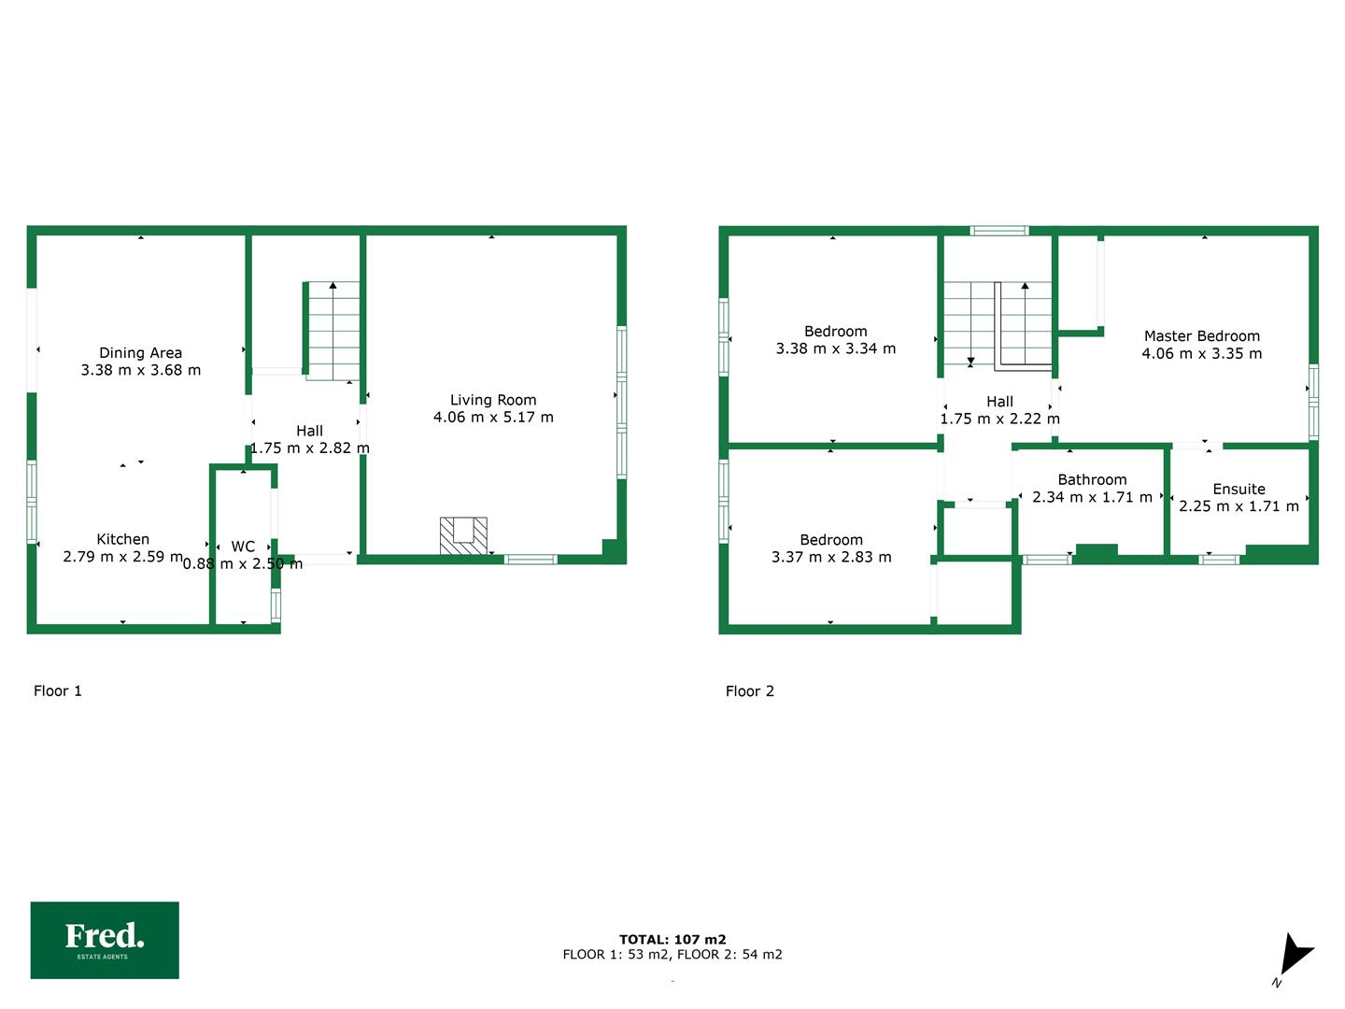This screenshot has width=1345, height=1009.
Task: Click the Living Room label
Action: (492, 400)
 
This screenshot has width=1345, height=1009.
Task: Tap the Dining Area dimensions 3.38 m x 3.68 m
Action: (141, 370)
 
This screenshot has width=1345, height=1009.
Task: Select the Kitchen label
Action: (122, 539)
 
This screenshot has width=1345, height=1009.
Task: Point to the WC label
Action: (243, 547)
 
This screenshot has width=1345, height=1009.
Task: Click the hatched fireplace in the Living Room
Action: (463, 536)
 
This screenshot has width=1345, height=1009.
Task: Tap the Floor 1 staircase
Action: (332, 331)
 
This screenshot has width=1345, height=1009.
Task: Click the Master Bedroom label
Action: (1201, 336)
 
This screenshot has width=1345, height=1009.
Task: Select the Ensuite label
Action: (1239, 489)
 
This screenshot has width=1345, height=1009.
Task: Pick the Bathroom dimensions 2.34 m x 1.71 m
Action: (1092, 497)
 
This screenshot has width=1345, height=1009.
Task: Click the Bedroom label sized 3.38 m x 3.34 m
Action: (835, 332)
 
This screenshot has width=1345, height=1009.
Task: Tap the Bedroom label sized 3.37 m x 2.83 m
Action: (831, 540)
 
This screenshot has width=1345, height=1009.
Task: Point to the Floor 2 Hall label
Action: (999, 402)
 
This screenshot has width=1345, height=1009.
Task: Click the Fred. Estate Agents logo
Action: (105, 940)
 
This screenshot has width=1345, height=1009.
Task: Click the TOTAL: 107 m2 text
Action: (672, 939)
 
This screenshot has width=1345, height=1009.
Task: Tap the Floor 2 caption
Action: (749, 691)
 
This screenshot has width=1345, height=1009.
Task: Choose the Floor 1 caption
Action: (58, 691)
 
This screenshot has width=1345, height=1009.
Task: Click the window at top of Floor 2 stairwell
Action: (998, 231)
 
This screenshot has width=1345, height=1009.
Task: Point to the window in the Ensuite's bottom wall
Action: (1218, 560)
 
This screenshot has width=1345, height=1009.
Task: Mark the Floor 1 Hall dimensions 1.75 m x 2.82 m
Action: (310, 448)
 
